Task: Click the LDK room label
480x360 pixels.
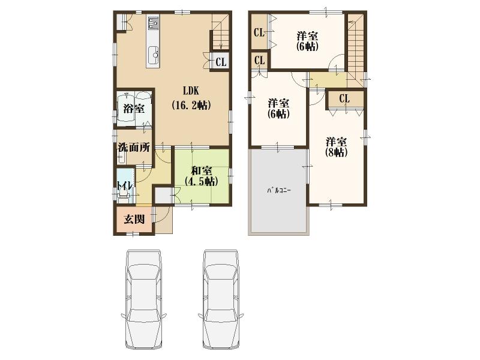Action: (x=191, y=91)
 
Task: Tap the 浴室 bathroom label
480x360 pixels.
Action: (x=133, y=109)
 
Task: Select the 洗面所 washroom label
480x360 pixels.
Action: (x=133, y=147)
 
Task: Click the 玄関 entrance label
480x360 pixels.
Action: (x=134, y=219)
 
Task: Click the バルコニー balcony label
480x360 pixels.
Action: (x=278, y=190)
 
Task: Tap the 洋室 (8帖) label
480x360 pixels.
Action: (x=337, y=146)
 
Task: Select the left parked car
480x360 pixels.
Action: (x=144, y=294)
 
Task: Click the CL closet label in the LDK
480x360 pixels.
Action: (x=221, y=61)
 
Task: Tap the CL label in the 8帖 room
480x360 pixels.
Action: (x=344, y=100)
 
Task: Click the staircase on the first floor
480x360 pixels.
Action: (x=220, y=33)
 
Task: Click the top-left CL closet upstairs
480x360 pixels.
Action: (x=259, y=33)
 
